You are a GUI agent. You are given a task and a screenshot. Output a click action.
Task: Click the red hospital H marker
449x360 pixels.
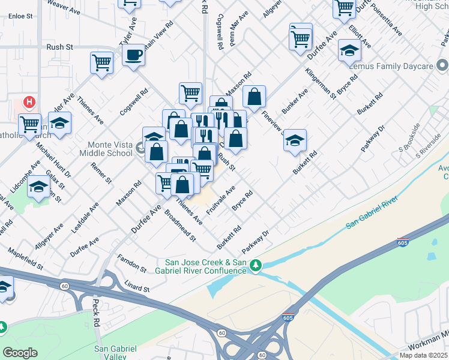[x=28, y=103]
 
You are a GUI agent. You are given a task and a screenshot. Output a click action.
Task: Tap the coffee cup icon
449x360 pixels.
[x=133, y=55]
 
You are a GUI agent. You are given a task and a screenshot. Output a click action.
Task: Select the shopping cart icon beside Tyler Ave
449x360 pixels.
[x=102, y=62]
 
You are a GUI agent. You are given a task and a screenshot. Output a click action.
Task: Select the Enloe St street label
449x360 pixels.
[x=21, y=16]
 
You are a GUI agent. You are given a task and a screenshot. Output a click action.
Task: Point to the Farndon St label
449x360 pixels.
[x=132, y=263]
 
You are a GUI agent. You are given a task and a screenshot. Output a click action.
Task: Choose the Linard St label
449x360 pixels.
[x=137, y=286]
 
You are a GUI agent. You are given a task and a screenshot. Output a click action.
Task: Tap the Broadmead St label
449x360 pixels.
[x=180, y=226]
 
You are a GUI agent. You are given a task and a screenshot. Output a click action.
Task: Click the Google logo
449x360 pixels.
[x=20, y=352]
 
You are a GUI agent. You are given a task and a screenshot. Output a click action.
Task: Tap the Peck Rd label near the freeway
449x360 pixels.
[x=96, y=312]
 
